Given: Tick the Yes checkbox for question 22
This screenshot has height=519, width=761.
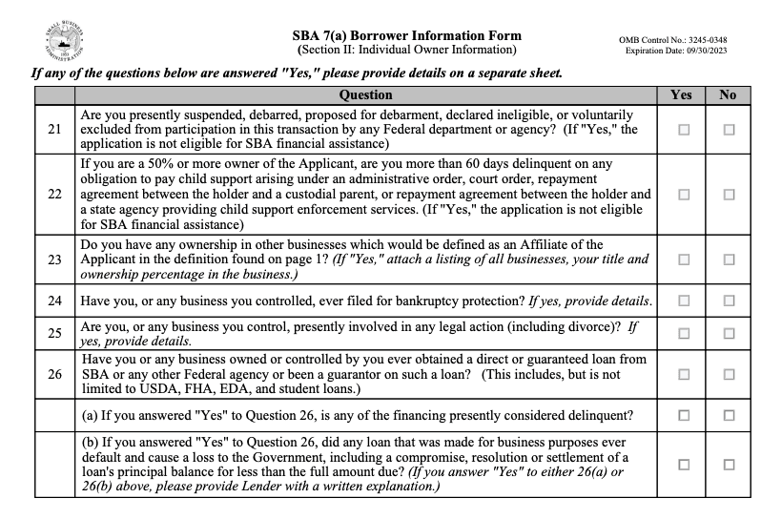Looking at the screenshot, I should pos(683,194).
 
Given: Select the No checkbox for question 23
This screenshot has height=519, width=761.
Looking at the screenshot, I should pos(730,259).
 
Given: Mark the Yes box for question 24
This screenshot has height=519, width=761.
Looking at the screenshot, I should pos(683,301).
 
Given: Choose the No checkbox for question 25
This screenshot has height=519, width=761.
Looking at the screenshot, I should pos(730,333).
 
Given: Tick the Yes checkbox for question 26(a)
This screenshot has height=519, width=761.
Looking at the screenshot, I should pos(683,414).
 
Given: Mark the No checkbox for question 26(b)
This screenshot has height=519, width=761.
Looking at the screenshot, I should pos(730,465).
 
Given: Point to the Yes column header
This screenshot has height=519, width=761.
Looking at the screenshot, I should pos(682,95).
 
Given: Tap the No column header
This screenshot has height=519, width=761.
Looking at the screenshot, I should pos(729,95).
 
